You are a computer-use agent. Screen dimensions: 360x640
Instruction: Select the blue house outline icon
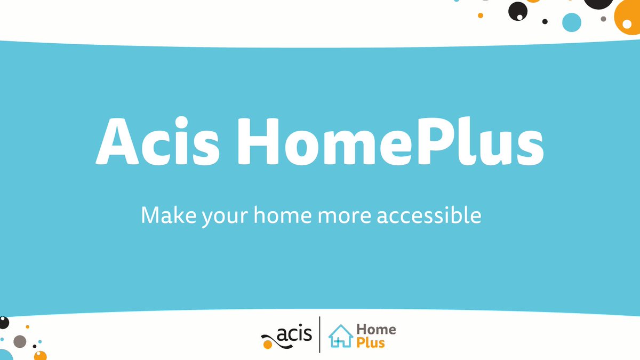pyautogui.click(x=341, y=336)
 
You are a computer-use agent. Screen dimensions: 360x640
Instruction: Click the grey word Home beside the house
pyautogui.click(x=376, y=330)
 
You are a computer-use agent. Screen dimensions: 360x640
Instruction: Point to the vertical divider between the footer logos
pyautogui.click(x=320, y=334)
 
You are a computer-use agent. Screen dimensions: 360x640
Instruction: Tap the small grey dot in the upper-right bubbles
pyautogui.click(x=603, y=19)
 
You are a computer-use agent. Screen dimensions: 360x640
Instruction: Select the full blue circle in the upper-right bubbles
pyautogui.click(x=572, y=22)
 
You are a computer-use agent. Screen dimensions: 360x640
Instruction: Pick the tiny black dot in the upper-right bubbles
pyautogui.click(x=545, y=22)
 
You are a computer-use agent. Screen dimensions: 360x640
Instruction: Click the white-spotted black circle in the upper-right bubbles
pyautogui.click(x=517, y=11)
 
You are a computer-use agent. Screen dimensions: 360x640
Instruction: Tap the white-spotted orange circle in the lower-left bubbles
pyautogui.click(x=41, y=355)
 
